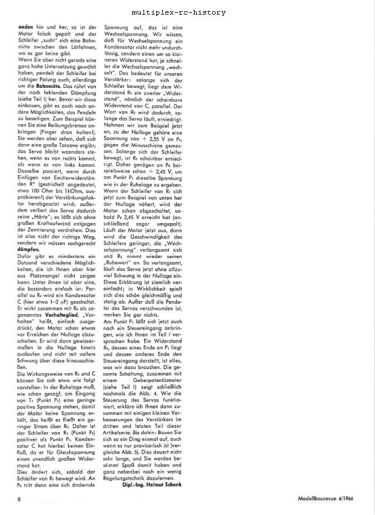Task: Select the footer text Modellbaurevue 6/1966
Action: [x=329, y=499]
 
